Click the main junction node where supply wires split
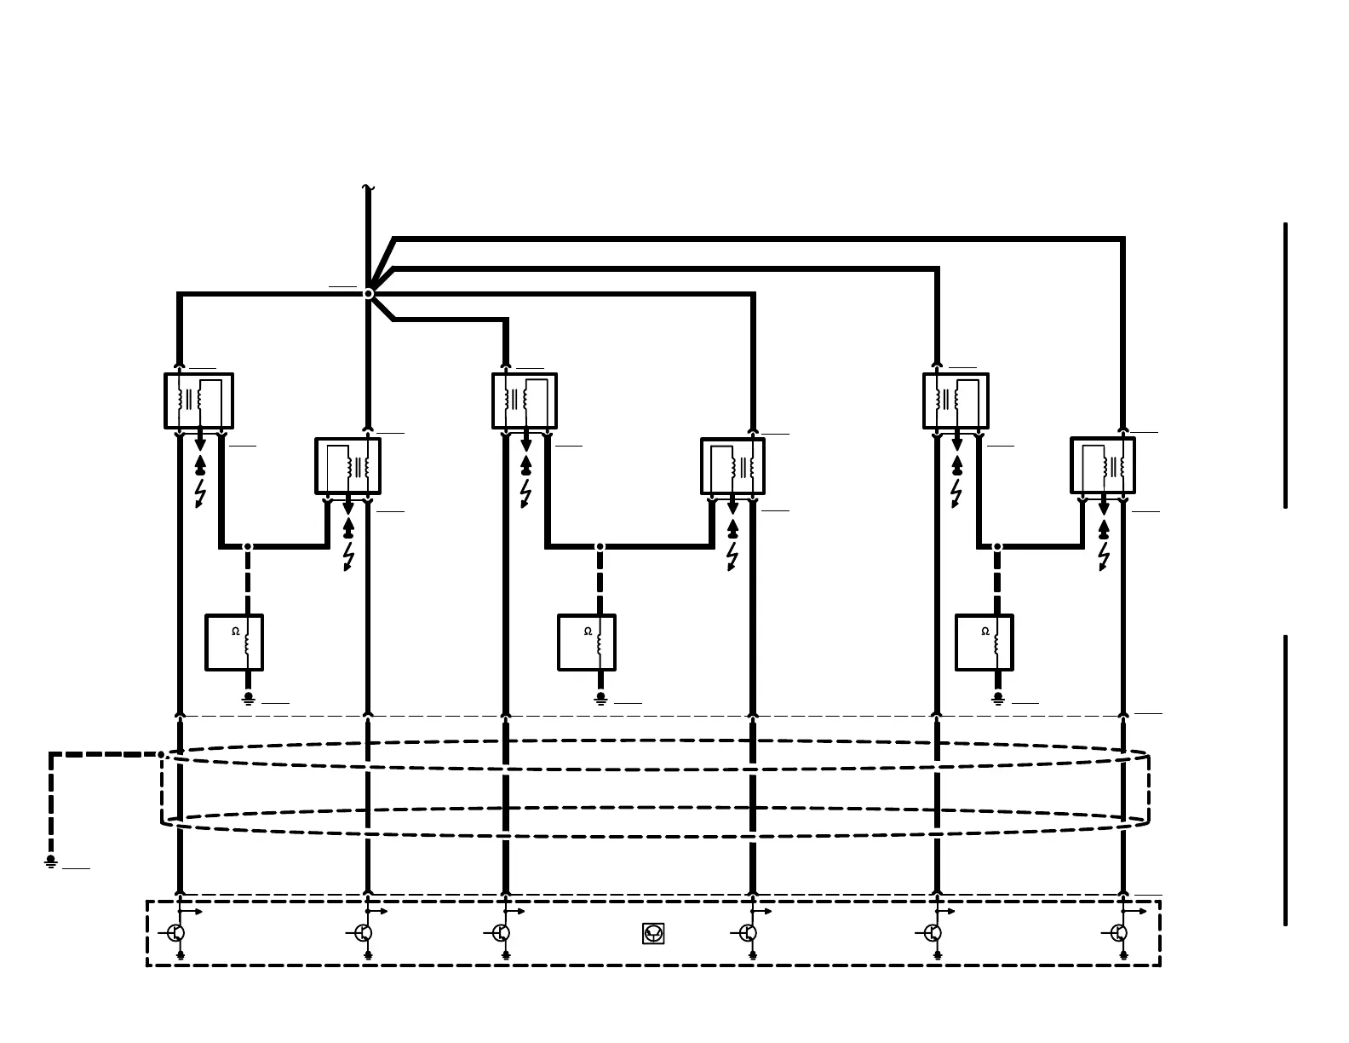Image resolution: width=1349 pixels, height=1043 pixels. coord(368,293)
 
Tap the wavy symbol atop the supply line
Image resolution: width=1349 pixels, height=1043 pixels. coord(368,187)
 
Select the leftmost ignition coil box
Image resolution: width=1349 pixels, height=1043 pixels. coord(198,400)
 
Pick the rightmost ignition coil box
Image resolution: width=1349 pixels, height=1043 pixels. coord(1103,465)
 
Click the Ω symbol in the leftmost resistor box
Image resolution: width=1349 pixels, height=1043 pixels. coord(236,631)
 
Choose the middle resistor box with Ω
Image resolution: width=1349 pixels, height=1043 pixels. coord(587,643)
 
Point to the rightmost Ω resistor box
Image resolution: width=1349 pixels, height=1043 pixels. coord(984,643)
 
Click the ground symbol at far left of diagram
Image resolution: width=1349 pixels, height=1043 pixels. coord(51,861)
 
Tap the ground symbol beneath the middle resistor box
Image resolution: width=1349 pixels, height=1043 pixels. coord(600,698)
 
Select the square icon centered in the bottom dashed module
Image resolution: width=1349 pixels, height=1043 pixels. coord(653,933)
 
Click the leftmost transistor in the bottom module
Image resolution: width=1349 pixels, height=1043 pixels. coord(176,933)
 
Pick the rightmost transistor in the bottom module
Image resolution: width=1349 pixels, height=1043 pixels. coord(1119,933)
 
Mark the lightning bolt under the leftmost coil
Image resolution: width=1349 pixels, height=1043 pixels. coord(200,493)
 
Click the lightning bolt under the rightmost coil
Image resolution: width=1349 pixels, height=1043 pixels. coord(1104,556)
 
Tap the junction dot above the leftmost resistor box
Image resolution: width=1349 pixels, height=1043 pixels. coord(248,546)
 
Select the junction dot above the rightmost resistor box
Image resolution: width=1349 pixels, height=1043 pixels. coord(997,546)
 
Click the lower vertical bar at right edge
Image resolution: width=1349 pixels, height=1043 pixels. coord(1285,780)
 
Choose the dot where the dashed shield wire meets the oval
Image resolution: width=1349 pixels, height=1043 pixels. coord(161,754)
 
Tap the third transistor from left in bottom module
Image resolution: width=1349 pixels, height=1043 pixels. coord(502,933)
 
